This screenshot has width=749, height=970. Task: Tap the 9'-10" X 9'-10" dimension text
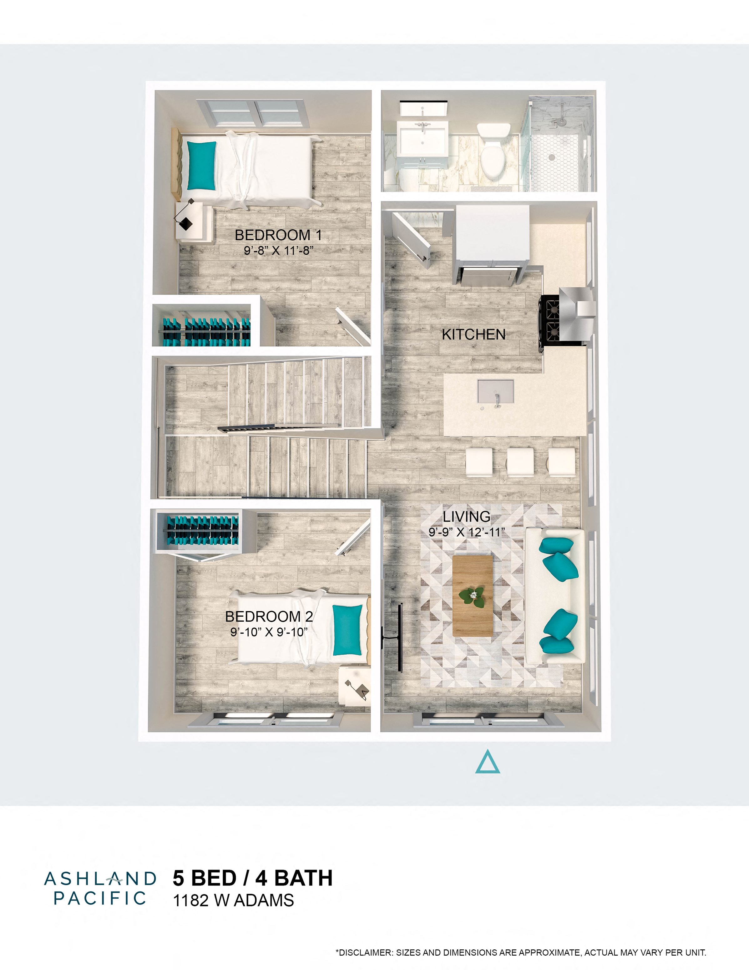coord(269,632)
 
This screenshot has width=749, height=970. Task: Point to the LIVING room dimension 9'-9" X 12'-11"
coord(467,532)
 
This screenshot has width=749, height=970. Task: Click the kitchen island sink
coord(495,391)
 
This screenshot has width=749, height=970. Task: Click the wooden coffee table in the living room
coord(473,595)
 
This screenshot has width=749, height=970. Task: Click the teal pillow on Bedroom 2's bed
coord(348,630)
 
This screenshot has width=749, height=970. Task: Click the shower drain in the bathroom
coord(551,157)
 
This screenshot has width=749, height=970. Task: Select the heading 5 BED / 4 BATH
coord(253,878)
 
